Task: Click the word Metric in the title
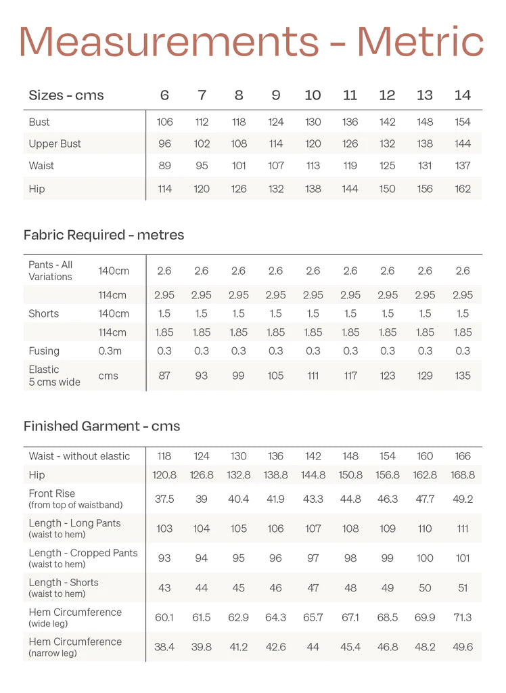[420, 41]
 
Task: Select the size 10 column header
[313, 95]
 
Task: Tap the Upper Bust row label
[55, 143]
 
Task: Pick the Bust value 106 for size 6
[164, 122]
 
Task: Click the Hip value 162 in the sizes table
[463, 189]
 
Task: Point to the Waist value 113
[313, 166]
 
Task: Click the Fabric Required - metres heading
[103, 235]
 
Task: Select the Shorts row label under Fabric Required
[44, 313]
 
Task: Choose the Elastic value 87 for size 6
[164, 376]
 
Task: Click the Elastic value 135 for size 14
[463, 376]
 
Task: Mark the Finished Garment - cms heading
[101, 426]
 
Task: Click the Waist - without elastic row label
[79, 456]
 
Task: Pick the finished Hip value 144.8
[313, 475]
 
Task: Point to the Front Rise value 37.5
[164, 499]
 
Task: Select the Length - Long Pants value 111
[463, 529]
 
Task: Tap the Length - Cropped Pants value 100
[425, 558]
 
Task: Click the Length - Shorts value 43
[164, 588]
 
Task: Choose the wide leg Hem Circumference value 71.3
[463, 617]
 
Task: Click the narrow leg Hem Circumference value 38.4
[164, 647]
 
